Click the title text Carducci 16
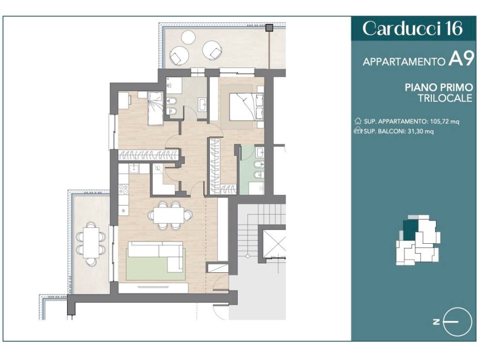412,28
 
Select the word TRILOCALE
445,98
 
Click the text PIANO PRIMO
439,87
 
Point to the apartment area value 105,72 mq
444,121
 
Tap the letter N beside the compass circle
436,322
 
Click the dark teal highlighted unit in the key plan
410,230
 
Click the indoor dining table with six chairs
169,215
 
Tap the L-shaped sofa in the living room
156,256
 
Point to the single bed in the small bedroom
156,108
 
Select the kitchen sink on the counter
134,168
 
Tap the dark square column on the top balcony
269,28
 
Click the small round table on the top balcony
188,37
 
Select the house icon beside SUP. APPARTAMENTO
358,121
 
